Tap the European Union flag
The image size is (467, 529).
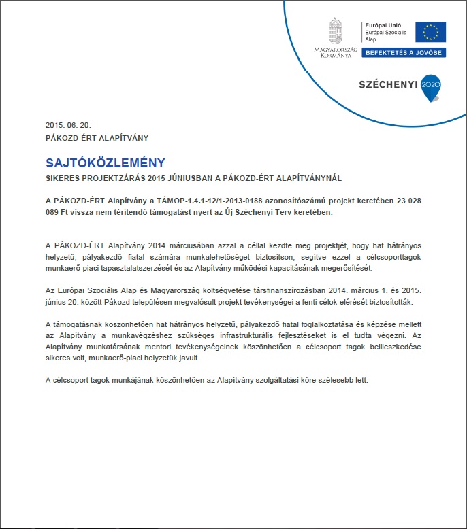[430, 32]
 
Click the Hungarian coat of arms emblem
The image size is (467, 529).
[335, 31]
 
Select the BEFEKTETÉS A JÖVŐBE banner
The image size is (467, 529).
[403, 52]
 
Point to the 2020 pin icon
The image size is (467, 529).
[432, 86]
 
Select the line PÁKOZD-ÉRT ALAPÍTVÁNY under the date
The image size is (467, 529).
[97, 137]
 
